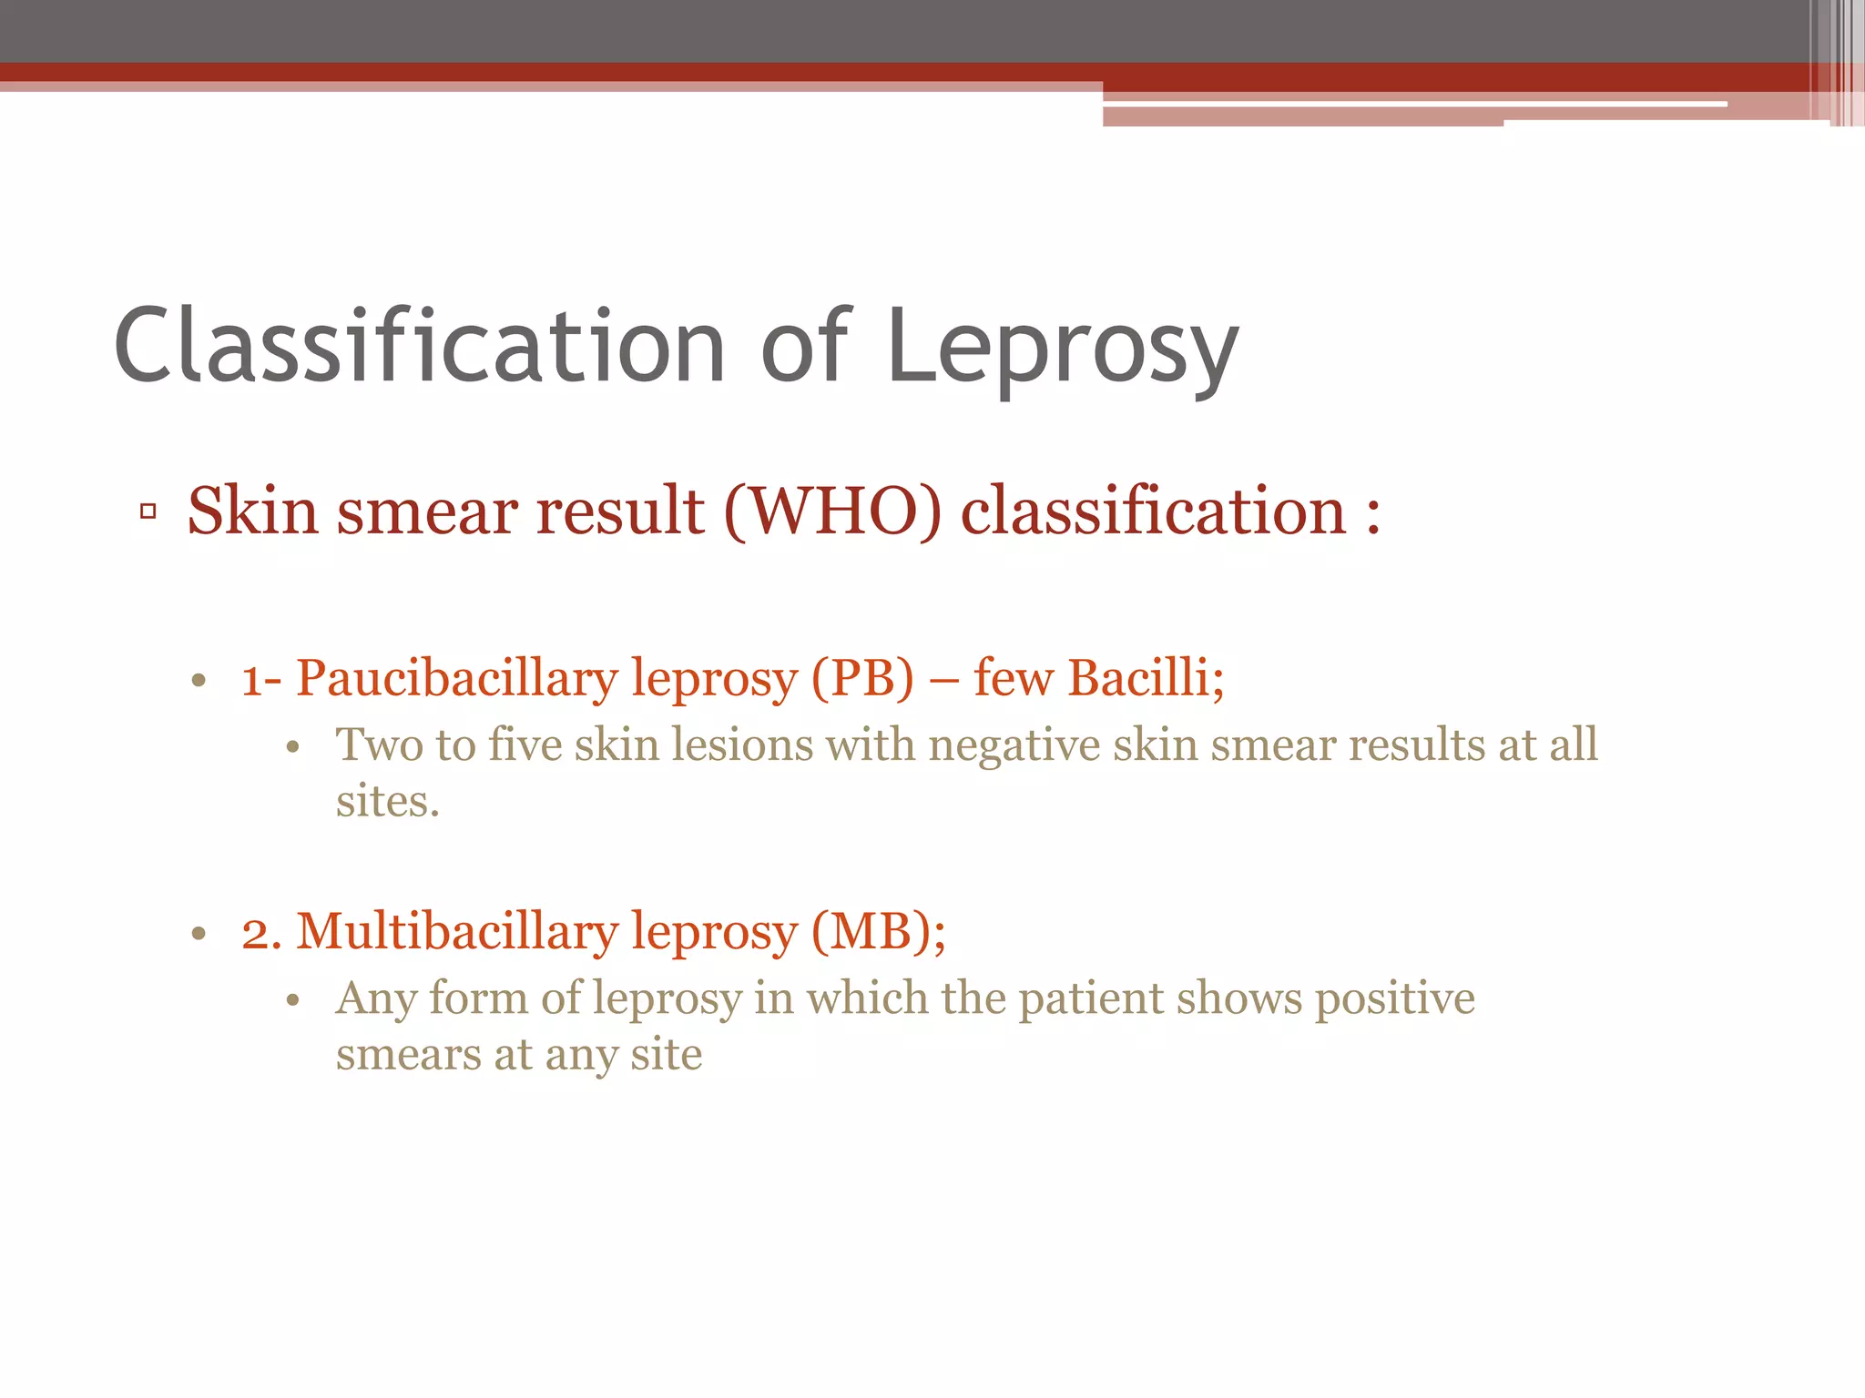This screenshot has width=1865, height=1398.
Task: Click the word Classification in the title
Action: click(419, 346)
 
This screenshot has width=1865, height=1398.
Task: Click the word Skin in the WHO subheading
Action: click(252, 512)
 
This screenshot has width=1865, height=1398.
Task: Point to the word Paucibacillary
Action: click(456, 680)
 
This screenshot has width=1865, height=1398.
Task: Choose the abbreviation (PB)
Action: click(861, 680)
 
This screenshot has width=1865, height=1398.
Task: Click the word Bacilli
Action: click(1146, 678)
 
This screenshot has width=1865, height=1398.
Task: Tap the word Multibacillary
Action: click(456, 933)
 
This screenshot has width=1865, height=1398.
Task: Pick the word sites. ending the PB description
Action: click(387, 803)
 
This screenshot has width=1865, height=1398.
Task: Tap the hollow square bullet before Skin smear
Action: click(148, 512)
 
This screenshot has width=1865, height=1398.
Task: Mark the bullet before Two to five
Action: click(292, 748)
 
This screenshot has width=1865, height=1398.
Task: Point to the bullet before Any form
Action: click(292, 1001)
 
